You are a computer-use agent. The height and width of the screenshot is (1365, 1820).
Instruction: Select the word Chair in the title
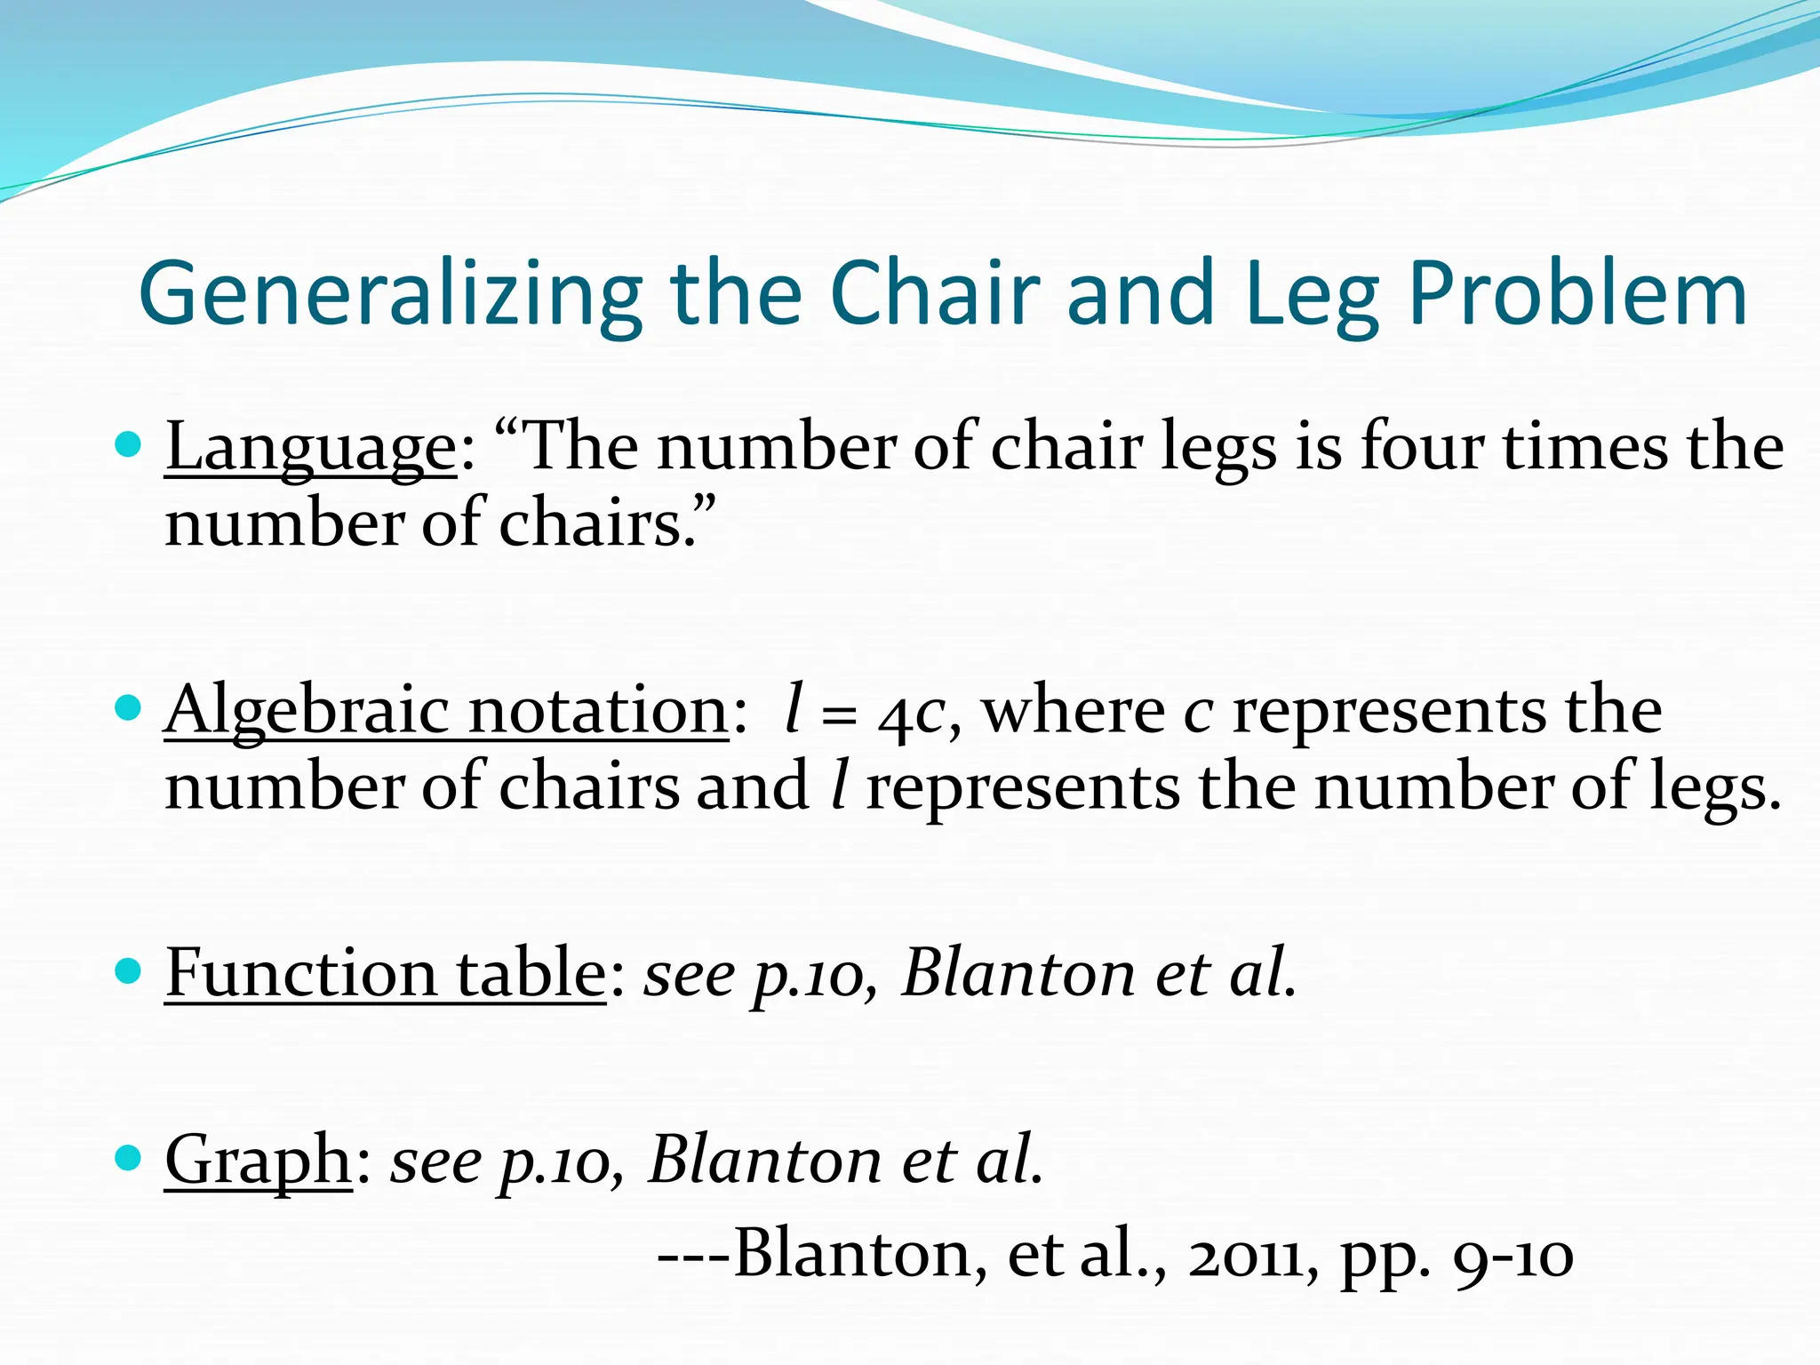(x=933, y=293)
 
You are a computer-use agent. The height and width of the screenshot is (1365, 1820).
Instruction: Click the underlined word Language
(x=310, y=448)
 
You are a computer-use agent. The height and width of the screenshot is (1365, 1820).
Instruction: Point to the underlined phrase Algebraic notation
(x=446, y=711)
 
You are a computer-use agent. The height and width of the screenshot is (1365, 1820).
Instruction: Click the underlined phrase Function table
(x=385, y=973)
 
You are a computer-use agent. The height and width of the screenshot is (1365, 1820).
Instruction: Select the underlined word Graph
(x=259, y=1161)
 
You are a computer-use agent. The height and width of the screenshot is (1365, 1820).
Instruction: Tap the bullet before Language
(x=129, y=444)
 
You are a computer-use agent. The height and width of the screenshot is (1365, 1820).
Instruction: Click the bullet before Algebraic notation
(x=129, y=708)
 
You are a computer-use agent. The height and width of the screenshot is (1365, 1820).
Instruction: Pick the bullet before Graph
(x=129, y=1158)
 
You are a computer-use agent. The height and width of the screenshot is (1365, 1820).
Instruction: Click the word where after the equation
(x=1074, y=711)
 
